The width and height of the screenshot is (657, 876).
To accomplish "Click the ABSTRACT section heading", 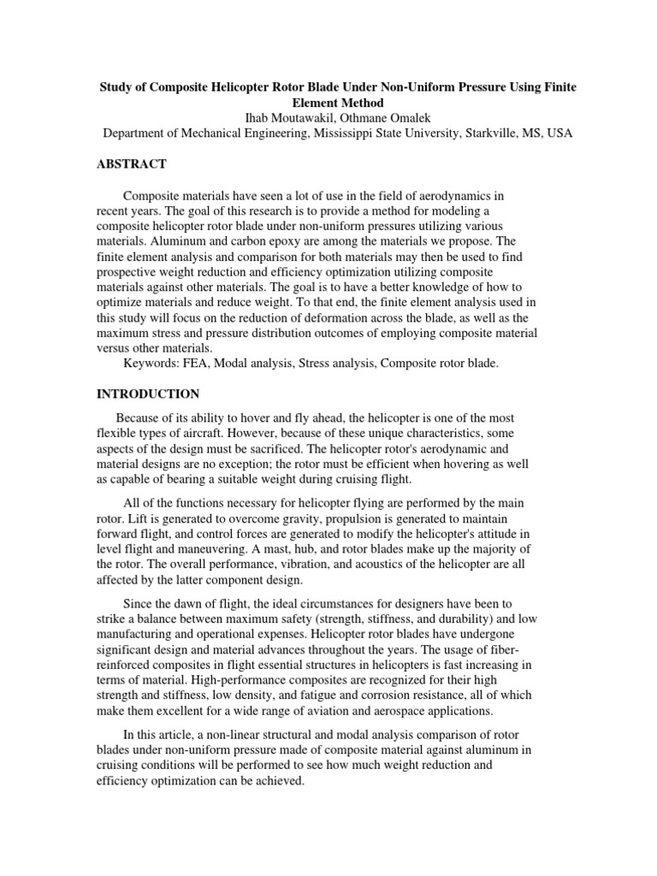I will tap(133, 163).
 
